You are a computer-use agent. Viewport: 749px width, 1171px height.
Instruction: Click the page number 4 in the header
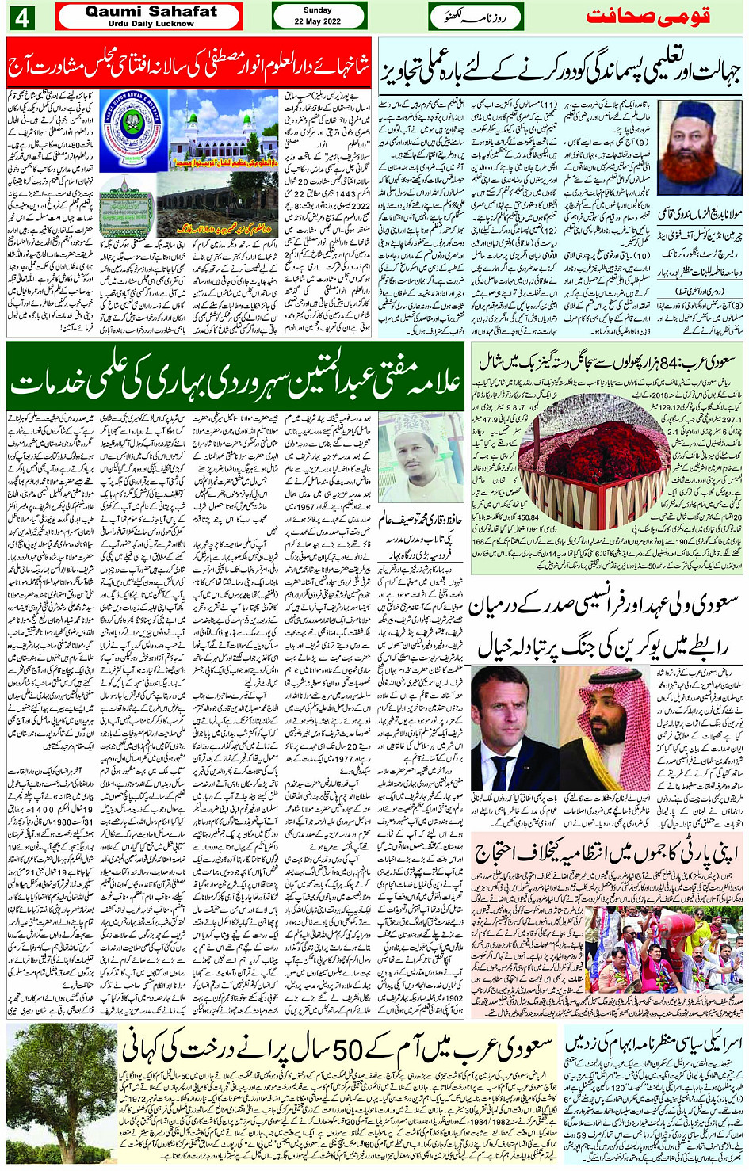(21, 17)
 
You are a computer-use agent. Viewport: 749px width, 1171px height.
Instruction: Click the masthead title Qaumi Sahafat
(151, 12)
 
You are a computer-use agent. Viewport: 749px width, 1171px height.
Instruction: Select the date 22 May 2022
(317, 21)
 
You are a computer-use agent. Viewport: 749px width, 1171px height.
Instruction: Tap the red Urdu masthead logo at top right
(648, 17)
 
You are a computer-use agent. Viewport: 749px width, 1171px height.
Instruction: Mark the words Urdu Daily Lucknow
(151, 24)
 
